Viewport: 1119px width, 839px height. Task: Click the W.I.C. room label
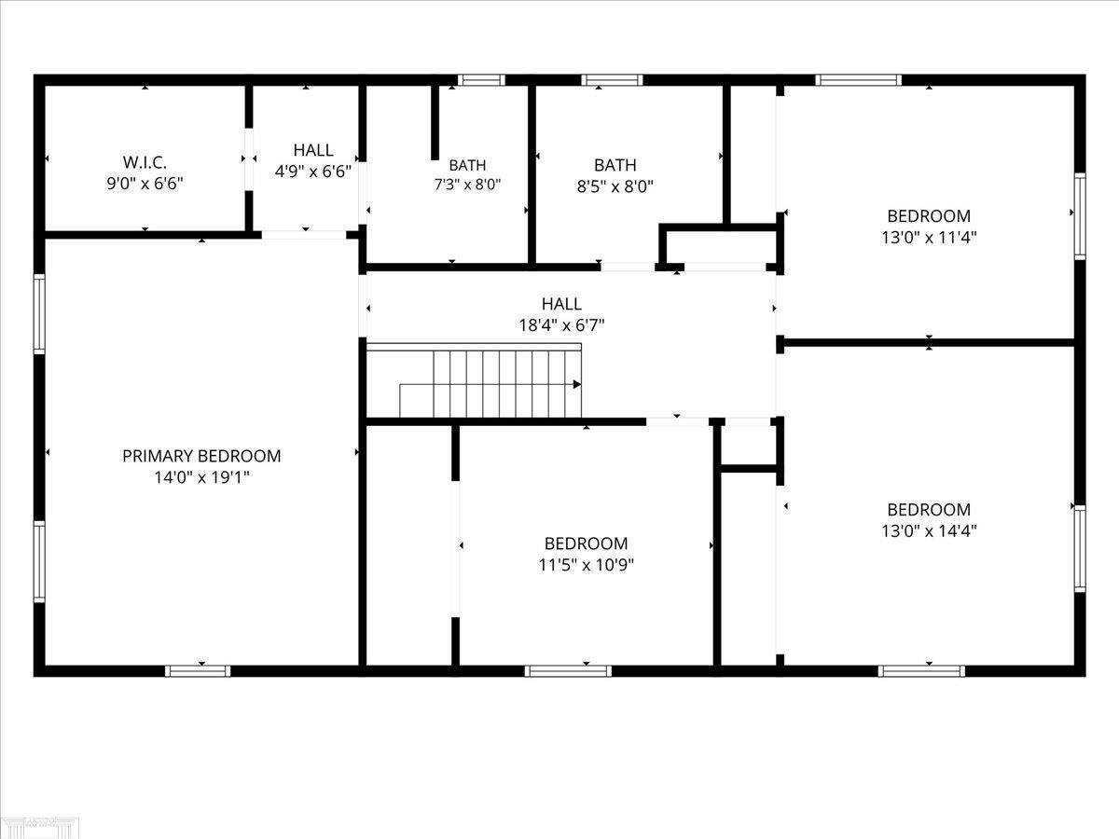(145, 162)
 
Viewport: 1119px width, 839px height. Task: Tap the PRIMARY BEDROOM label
(201, 456)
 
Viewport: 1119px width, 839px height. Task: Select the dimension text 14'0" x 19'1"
(201, 478)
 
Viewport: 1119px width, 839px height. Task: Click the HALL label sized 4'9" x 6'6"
(313, 150)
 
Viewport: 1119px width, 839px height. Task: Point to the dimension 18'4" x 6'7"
(561, 325)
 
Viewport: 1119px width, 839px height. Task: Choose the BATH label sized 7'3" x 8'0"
(467, 165)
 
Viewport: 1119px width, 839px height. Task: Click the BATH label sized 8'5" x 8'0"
(615, 165)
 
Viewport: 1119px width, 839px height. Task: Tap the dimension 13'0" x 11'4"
(929, 238)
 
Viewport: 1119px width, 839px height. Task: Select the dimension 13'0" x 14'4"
(929, 530)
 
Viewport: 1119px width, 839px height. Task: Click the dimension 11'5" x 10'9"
(587, 565)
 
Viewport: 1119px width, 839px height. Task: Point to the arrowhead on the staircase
(576, 384)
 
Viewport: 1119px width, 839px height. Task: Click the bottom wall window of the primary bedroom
(198, 671)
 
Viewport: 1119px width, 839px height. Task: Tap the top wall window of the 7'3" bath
(481, 80)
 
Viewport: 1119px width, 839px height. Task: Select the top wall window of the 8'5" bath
(612, 80)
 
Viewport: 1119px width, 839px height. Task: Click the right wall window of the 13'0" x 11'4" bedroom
(1080, 216)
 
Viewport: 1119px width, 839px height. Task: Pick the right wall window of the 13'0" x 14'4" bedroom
(1080, 549)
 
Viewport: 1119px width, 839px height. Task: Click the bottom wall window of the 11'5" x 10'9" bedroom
(568, 671)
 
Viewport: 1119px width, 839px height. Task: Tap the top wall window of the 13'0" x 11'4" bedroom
(858, 80)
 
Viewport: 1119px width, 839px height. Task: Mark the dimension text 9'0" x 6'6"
(145, 184)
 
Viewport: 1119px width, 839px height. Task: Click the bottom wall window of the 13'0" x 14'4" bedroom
(921, 671)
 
